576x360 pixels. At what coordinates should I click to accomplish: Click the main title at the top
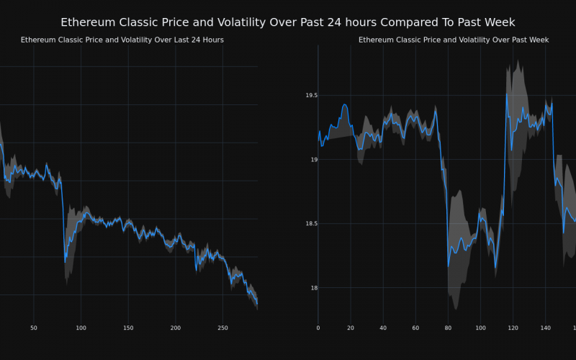click(288, 22)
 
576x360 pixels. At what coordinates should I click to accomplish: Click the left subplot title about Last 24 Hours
click(122, 40)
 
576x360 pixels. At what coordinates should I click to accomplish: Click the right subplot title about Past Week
click(454, 40)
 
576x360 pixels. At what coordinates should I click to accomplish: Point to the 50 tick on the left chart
click(34, 328)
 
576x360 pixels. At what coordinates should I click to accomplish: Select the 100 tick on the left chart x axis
click(81, 328)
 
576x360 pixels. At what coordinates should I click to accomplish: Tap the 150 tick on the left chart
click(128, 328)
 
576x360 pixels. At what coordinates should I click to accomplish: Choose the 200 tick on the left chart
click(176, 328)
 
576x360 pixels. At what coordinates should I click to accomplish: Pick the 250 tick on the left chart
click(222, 328)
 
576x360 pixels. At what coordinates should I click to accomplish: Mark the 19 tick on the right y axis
click(312, 160)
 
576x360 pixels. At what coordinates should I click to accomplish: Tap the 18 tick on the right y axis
click(312, 288)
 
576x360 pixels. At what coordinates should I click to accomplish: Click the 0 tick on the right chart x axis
click(318, 328)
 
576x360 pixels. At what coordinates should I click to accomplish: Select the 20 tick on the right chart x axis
click(351, 328)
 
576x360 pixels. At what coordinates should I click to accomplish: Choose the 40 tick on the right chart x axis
click(383, 328)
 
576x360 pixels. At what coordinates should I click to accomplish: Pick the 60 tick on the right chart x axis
click(415, 328)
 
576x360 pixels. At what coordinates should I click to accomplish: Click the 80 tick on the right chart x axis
click(448, 328)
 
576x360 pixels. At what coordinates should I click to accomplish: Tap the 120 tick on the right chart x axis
click(513, 328)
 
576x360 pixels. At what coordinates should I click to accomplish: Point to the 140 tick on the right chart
click(545, 328)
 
